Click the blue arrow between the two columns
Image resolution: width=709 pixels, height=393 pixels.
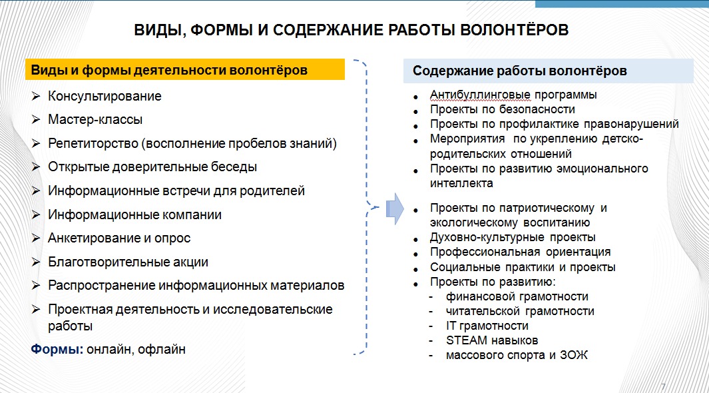395,208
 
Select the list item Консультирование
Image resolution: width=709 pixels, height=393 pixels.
105,96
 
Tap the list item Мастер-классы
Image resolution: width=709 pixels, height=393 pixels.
95,120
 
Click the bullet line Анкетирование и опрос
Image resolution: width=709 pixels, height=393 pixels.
119,238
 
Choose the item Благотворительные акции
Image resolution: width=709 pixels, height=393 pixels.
128,262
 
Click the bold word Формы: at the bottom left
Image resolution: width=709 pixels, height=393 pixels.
55,349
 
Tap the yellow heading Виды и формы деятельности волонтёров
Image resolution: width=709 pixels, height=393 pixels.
170,70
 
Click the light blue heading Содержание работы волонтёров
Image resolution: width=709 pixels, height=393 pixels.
519,71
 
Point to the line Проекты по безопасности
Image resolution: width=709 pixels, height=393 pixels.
502,109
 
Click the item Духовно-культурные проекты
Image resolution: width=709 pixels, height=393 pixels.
512,237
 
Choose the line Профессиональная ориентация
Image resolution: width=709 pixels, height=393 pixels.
520,252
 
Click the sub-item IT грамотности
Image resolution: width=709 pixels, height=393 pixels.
487,326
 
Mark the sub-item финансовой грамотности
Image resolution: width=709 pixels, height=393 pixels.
517,296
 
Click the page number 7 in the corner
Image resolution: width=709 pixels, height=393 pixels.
662,387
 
